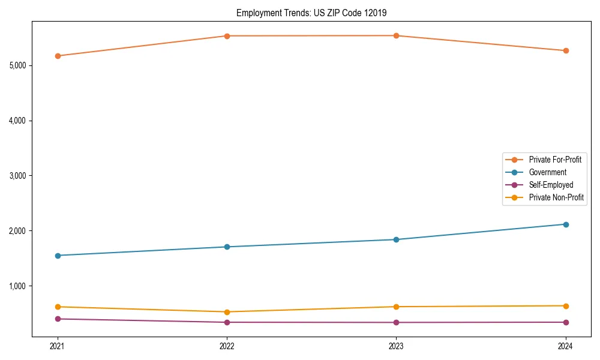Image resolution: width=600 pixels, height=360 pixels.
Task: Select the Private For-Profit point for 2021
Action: [58, 56]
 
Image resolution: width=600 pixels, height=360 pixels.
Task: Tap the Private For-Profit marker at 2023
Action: [396, 35]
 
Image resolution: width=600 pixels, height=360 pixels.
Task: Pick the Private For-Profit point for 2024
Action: [566, 50]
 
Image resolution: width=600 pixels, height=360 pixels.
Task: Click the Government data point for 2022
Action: [227, 247]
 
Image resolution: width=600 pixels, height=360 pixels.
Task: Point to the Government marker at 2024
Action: [566, 224]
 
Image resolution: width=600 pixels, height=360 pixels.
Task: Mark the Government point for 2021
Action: [58, 256]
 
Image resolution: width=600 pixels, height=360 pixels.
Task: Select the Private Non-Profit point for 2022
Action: [227, 312]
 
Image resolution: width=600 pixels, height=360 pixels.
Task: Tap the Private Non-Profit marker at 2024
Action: [566, 306]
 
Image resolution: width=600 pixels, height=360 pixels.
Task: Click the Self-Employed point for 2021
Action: [58, 319]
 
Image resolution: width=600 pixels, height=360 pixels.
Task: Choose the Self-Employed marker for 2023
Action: [396, 322]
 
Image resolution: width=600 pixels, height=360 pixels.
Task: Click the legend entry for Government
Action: [547, 172]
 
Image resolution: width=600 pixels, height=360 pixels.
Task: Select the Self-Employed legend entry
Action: [551, 185]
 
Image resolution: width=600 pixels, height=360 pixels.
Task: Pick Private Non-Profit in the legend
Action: [556, 197]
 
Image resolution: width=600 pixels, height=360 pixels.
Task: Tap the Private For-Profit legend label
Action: [555, 160]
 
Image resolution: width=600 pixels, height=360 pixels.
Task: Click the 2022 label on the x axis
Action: [227, 346]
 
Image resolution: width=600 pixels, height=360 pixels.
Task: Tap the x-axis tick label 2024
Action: [566, 346]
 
